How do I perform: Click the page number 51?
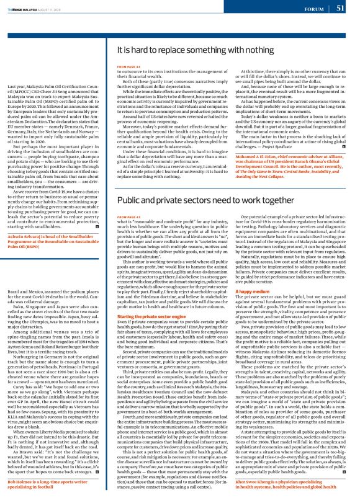(x=340, y=9)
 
